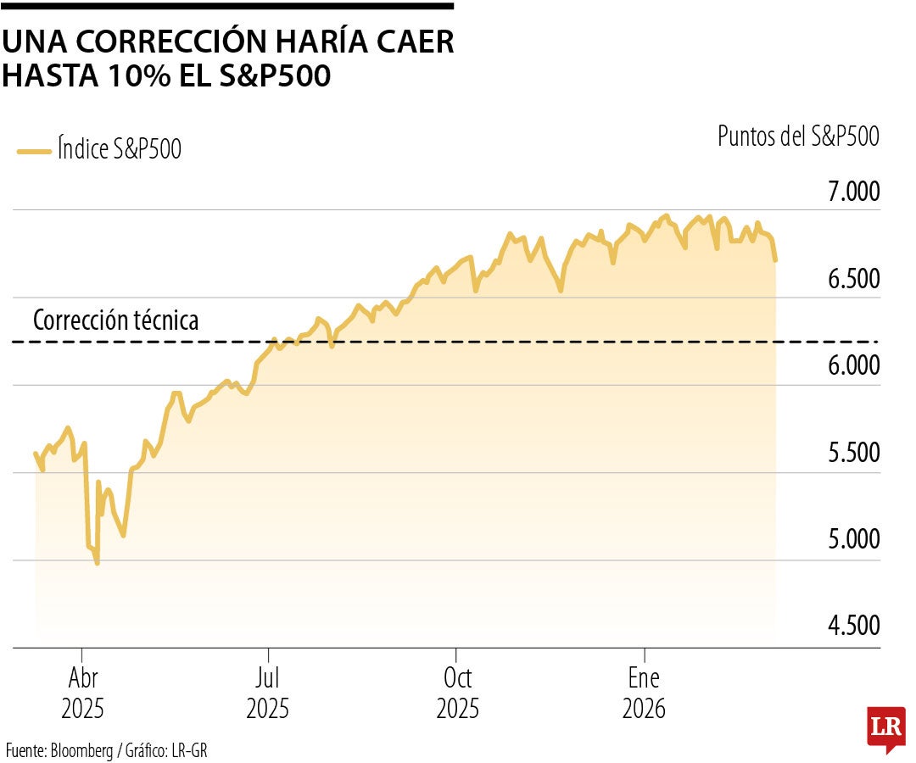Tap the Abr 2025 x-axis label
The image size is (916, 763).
(x=81, y=693)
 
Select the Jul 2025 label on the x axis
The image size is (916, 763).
(x=268, y=693)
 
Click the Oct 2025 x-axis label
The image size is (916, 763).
(x=457, y=693)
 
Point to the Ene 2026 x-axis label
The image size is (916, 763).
(x=644, y=693)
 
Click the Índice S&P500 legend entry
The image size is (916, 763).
(x=100, y=150)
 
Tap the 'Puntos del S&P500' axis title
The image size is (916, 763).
(x=798, y=136)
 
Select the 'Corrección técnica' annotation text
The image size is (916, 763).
(x=115, y=320)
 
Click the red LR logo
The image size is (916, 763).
(x=885, y=727)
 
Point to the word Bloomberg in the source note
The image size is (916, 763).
(x=81, y=750)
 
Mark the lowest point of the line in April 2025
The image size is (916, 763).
(x=97, y=563)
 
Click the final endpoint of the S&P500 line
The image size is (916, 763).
(x=776, y=259)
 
